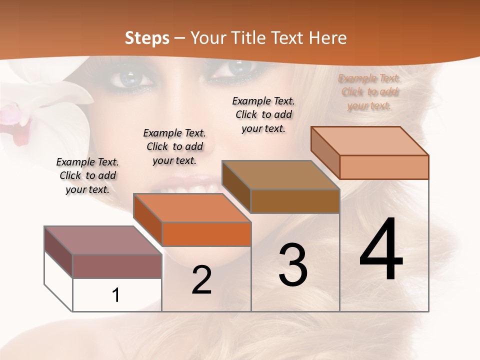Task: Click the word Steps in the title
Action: (x=147, y=38)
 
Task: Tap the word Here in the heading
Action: (x=327, y=38)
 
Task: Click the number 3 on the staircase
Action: (x=293, y=265)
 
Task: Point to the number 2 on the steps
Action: (x=201, y=280)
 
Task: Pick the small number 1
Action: (x=115, y=295)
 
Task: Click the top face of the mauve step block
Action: (x=102, y=240)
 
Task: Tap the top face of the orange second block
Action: (x=192, y=208)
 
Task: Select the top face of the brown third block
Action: (x=280, y=175)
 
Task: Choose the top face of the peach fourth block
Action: (x=369, y=141)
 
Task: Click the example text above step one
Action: (x=87, y=175)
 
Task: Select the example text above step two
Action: (x=174, y=146)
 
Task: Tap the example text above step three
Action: (x=263, y=114)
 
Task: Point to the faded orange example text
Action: (x=369, y=92)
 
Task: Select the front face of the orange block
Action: (x=206, y=234)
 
